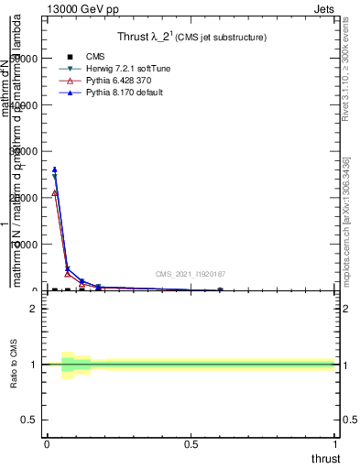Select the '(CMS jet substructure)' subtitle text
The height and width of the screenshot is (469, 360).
[221, 38]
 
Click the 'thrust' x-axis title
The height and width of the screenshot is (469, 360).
[324, 458]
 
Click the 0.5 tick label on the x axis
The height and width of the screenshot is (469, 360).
[191, 444]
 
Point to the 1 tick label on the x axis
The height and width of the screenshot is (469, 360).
[336, 444]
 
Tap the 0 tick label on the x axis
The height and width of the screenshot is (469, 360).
[47, 444]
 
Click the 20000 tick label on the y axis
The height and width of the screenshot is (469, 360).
[26, 198]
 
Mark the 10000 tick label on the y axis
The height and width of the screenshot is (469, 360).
[26, 245]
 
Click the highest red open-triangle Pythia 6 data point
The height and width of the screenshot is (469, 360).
[55, 192]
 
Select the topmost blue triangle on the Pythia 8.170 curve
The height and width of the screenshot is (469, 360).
[55, 169]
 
